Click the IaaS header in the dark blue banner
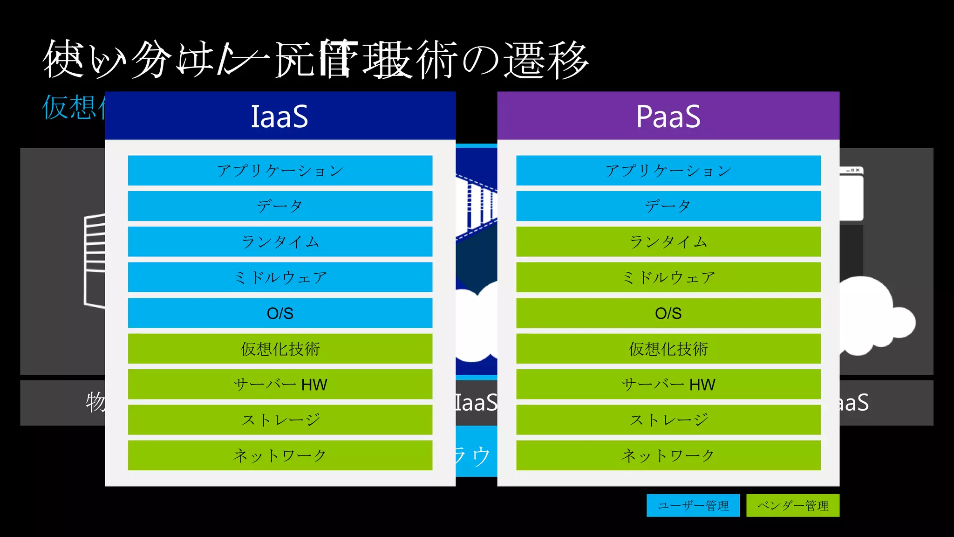(279, 116)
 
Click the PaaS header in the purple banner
(668, 116)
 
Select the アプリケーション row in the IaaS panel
(280, 171)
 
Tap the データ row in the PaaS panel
(668, 206)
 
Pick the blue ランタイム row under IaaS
(280, 242)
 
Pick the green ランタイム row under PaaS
(668, 242)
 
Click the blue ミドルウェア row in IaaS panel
(280, 277)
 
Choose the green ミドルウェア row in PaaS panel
(668, 277)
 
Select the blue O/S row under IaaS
(280, 313)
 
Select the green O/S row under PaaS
(668, 313)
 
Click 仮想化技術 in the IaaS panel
(280, 349)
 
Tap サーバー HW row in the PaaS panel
(668, 385)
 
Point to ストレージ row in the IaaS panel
(280, 420)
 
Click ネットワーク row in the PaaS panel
(668, 455)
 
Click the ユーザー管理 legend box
(693, 506)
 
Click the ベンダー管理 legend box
(792, 506)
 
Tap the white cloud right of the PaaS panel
(871, 317)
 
